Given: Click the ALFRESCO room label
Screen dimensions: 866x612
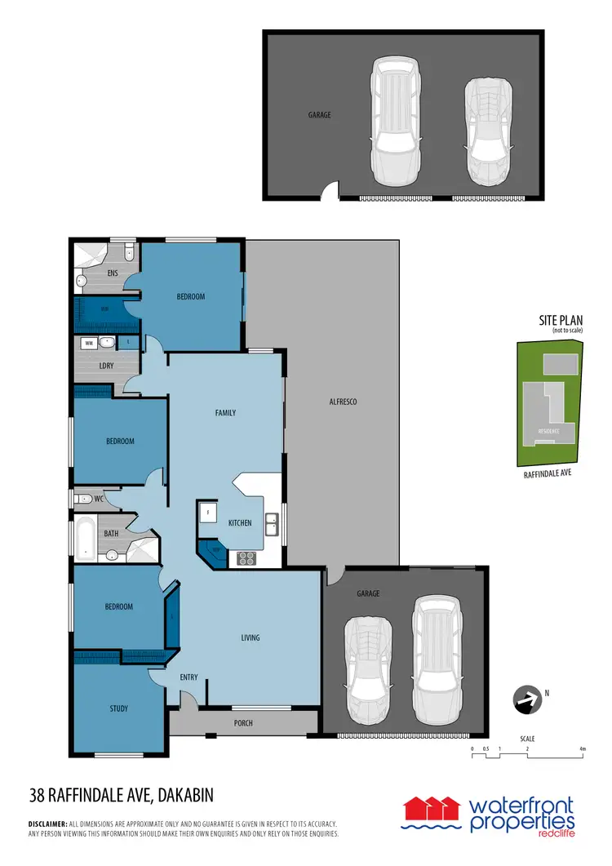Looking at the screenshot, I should (343, 402).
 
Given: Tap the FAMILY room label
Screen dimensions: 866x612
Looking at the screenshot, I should (225, 413).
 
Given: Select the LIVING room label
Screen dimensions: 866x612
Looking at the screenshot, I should (250, 637).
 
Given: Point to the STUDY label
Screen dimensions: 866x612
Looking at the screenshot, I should (118, 708).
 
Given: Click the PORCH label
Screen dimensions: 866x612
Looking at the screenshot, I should (243, 723).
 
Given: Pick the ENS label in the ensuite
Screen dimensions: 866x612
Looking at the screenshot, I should (113, 273).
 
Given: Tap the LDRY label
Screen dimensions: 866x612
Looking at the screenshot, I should (106, 365).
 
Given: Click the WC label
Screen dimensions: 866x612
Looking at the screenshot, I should (98, 498).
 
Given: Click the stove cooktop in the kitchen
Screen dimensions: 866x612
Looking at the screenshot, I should (246, 558).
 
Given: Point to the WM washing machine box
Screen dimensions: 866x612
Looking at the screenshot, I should (88, 344).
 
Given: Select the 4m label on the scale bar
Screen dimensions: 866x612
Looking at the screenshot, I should (582, 748).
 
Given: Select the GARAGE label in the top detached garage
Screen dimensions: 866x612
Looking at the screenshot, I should (320, 115).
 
